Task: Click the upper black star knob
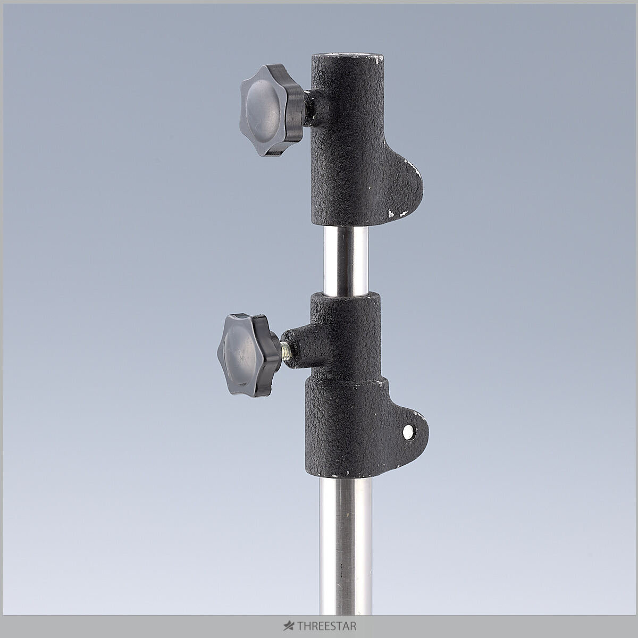click(x=272, y=110)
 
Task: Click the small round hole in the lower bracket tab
click(x=408, y=431)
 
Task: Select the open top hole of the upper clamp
click(x=347, y=56)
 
